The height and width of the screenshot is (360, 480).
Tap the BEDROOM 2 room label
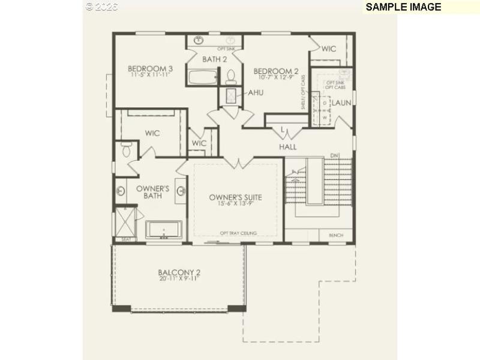275,71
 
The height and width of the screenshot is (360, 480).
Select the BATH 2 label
214,59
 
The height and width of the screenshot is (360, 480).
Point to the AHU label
256,93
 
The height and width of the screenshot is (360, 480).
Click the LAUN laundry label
341,103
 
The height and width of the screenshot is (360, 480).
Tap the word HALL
287,147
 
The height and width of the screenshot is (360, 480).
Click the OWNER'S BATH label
152,192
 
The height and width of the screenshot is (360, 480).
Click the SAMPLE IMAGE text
403,7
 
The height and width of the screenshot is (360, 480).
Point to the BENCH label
336,236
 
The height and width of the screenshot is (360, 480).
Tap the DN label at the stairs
334,157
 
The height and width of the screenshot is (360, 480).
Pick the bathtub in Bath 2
202,78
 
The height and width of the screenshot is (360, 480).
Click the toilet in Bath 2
231,77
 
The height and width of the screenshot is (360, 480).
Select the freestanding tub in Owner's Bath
164,230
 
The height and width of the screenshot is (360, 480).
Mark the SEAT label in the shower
126,239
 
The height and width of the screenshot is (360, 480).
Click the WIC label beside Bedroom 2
328,49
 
